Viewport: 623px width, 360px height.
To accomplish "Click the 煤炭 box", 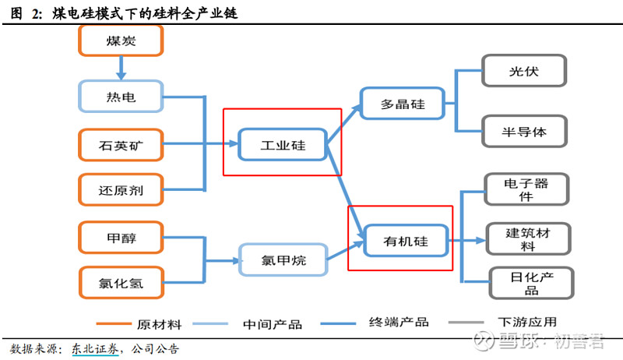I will (121, 41).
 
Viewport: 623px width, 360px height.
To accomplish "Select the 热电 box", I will (121, 97).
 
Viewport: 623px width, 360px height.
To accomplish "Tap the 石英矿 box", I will (121, 144).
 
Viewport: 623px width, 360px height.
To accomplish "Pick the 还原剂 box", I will (121, 189).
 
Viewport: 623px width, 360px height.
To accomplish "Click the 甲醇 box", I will (121, 237).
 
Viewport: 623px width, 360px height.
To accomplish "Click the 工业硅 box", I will (283, 144).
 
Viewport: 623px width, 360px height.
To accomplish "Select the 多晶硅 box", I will (402, 104).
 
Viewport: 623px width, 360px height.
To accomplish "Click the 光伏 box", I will (523, 72).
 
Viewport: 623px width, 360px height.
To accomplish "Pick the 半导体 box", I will (523, 131).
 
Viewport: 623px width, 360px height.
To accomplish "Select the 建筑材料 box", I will (527, 239).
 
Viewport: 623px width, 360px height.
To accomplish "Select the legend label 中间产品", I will (272, 323).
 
